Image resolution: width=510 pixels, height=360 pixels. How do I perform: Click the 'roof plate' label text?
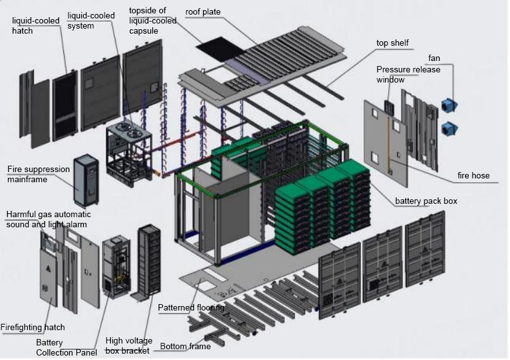tap(203, 12)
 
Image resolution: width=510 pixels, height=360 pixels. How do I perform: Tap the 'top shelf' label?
tap(392, 43)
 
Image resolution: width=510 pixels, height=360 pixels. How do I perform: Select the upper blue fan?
tap(450, 105)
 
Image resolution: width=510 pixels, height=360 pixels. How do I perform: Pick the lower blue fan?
tap(450, 128)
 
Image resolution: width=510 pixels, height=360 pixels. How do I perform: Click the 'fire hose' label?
tap(473, 175)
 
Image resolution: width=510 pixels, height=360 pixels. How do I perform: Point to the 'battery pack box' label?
tap(426, 201)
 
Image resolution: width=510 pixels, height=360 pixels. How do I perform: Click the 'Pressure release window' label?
tap(409, 74)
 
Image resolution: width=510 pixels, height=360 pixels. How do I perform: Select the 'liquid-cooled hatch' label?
tap(36, 25)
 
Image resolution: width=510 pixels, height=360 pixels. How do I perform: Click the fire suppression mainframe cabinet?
tap(86, 180)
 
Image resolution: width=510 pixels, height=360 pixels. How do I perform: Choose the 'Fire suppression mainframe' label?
tap(39, 174)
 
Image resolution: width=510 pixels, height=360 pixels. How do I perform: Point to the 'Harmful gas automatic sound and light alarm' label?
tap(48, 220)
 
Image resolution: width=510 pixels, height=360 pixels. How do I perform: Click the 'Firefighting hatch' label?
tap(32, 327)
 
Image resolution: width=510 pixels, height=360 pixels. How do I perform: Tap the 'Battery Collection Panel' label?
tap(67, 347)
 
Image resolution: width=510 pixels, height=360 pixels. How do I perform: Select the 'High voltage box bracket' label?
tap(129, 345)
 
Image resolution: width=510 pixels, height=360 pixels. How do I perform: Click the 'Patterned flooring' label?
tap(191, 307)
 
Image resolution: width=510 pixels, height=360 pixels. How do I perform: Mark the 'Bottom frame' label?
tap(185, 346)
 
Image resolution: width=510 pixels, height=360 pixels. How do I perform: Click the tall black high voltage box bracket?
tap(149, 260)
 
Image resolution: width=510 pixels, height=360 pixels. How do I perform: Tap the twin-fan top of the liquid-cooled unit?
tap(129, 130)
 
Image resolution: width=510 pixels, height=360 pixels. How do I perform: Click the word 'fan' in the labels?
tap(435, 58)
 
